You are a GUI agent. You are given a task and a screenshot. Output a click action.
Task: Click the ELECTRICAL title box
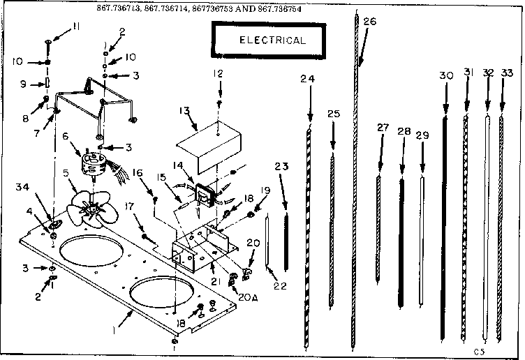click(x=272, y=40)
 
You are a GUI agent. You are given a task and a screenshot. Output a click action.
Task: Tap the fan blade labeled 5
click(x=89, y=204)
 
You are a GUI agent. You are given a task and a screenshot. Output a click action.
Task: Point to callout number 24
click(x=307, y=79)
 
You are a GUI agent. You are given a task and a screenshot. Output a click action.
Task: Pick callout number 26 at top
click(x=369, y=22)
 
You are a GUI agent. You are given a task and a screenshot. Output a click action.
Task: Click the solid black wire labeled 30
click(x=444, y=223)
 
